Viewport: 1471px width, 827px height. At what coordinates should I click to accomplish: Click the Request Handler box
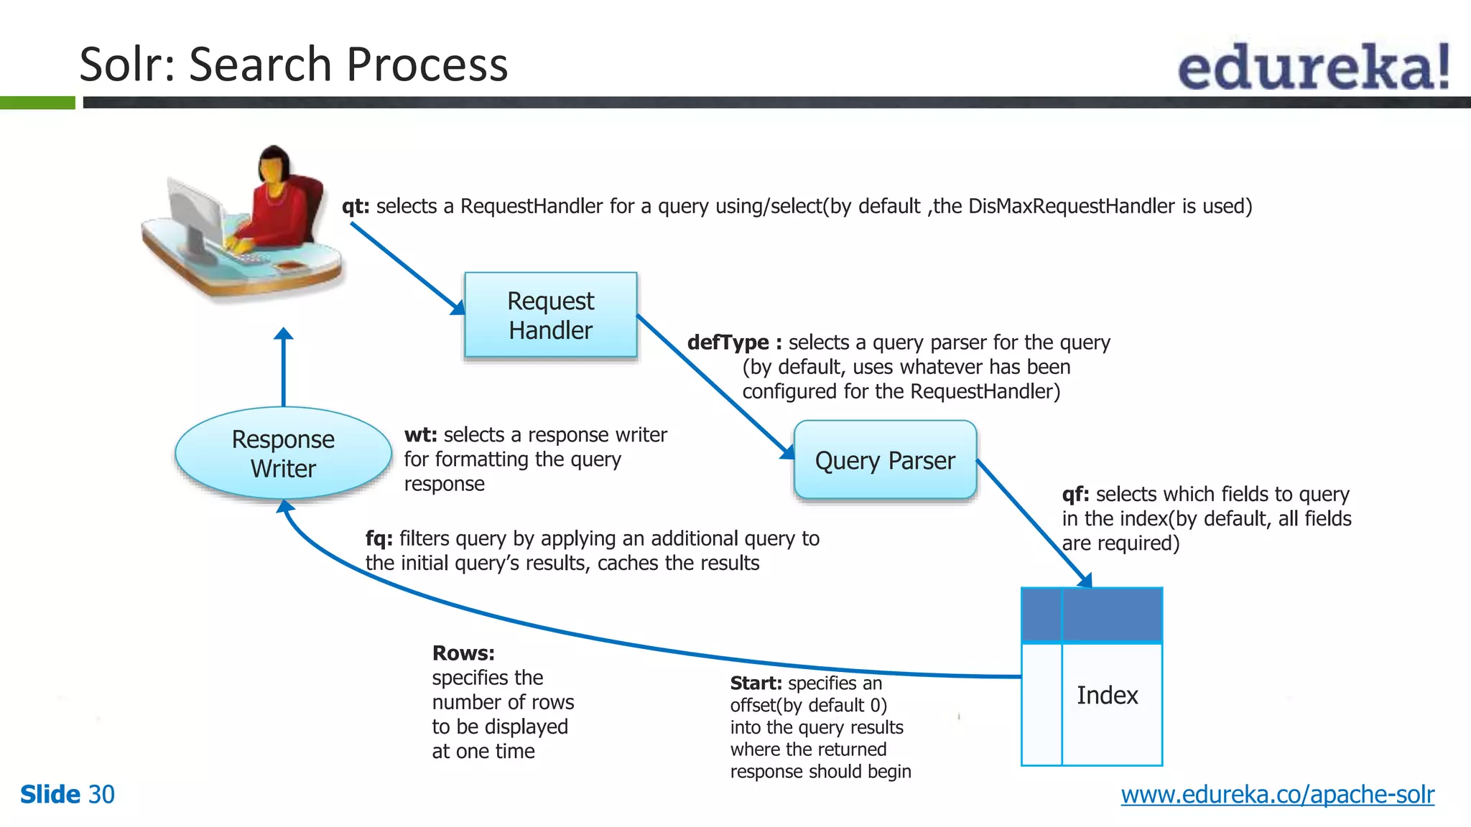click(550, 314)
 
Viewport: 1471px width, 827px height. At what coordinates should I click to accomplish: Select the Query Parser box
click(885, 460)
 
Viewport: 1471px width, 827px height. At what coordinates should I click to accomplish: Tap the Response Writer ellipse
click(283, 453)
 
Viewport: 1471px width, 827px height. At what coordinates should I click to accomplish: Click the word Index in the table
click(1107, 695)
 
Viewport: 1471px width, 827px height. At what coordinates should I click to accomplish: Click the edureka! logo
click(1313, 67)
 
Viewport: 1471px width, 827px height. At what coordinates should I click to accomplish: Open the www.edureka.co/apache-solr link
click(1277, 794)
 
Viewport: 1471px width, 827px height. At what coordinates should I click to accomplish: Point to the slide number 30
click(101, 794)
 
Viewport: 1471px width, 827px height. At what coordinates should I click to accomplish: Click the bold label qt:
click(356, 206)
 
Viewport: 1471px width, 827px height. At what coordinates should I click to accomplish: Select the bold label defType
click(728, 342)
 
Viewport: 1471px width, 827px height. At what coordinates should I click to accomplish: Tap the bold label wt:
click(420, 435)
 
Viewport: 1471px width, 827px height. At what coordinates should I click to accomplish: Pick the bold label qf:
click(1075, 494)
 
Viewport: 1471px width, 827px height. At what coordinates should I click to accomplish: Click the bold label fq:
click(379, 538)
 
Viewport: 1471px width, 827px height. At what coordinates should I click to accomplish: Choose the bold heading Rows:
click(463, 653)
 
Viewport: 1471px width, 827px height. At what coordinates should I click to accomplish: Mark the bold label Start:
click(756, 683)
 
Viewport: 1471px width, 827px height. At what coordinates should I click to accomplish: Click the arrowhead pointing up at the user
click(284, 334)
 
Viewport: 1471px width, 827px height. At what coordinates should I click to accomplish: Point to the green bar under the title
click(37, 103)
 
